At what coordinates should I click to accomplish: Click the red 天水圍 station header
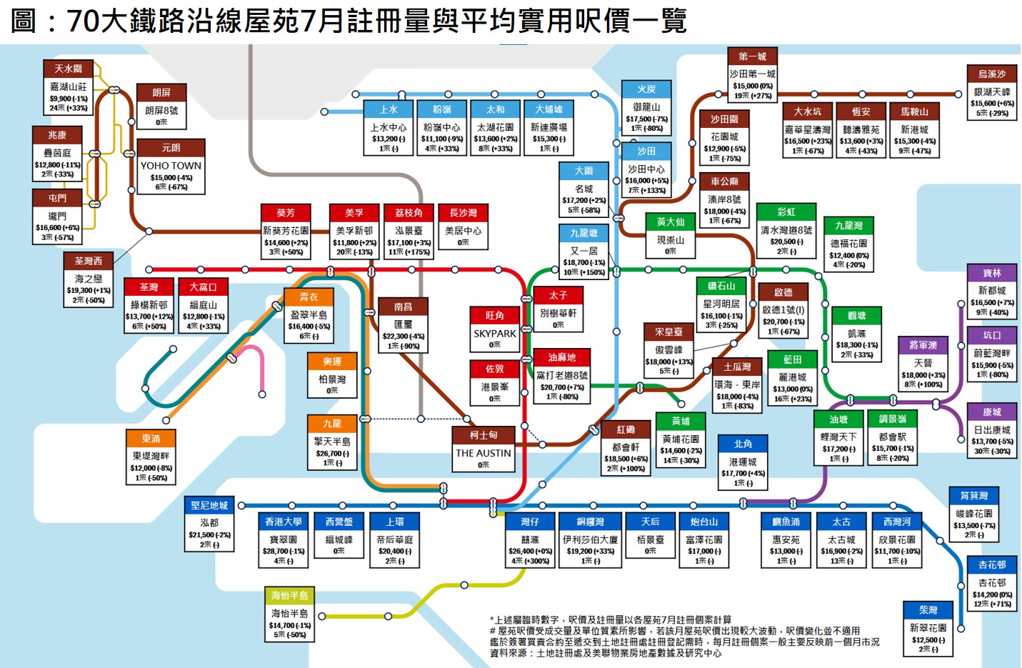click(69, 69)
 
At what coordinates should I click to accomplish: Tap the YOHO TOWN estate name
click(171, 165)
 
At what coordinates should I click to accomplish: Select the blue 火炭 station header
click(646, 89)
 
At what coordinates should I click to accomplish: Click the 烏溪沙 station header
click(991, 74)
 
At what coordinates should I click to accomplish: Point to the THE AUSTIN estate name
click(484, 453)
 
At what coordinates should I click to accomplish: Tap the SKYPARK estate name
click(495, 333)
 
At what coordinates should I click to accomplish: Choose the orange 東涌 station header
click(151, 438)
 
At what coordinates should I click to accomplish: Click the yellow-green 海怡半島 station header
click(289, 595)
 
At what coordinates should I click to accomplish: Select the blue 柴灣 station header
click(928, 610)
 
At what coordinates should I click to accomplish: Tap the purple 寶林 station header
click(991, 273)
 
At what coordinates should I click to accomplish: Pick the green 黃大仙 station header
click(670, 222)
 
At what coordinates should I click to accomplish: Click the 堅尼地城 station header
click(209, 505)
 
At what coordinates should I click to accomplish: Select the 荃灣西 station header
click(89, 261)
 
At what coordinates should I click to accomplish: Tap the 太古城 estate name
click(841, 540)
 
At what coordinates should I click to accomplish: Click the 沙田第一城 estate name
click(752, 74)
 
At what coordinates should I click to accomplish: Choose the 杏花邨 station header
click(991, 564)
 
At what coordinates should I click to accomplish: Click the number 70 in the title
click(82, 21)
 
